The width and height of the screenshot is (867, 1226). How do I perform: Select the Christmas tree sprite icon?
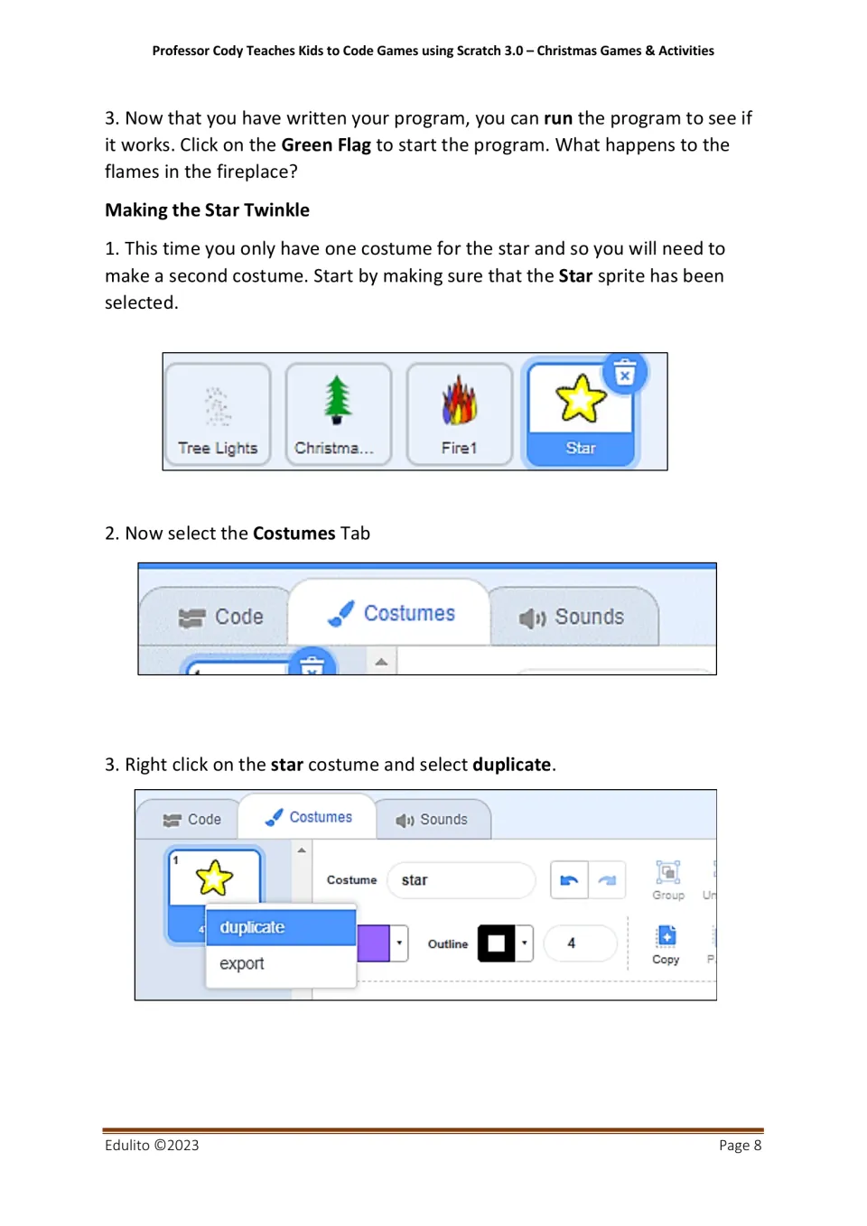tap(337, 400)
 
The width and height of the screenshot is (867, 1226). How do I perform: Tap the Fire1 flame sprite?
tap(459, 401)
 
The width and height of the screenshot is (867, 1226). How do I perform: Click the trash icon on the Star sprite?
tap(625, 373)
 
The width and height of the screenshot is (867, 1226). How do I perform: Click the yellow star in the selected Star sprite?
tap(580, 398)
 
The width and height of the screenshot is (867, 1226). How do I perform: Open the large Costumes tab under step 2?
tap(390, 613)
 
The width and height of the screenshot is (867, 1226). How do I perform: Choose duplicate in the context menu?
tap(281, 927)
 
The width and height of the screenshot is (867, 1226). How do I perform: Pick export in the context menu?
tap(281, 964)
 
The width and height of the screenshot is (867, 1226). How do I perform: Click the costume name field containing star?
tap(461, 880)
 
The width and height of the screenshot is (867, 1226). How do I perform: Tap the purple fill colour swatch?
tap(373, 943)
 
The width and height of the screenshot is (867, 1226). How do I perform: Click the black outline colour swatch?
tap(496, 943)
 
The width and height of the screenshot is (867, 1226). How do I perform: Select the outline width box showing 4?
tap(580, 943)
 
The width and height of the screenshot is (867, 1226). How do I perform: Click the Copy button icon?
tap(667, 936)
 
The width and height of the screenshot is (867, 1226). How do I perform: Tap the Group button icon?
tap(667, 872)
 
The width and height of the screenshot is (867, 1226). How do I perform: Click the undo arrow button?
tap(569, 880)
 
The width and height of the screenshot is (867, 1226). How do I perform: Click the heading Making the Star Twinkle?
tap(207, 210)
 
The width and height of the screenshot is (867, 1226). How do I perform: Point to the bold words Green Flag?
tap(326, 145)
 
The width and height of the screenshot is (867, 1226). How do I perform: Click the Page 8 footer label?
tap(740, 1145)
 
